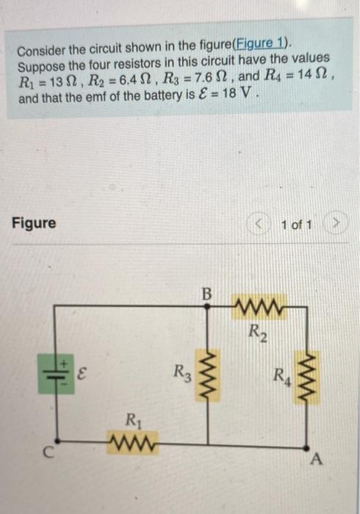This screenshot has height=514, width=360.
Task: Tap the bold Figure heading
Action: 34,222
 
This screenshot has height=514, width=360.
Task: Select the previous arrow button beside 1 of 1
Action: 262,223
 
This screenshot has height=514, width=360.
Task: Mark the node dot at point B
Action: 207,309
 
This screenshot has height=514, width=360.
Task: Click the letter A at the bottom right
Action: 317,460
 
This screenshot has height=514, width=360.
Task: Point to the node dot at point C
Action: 57,444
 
